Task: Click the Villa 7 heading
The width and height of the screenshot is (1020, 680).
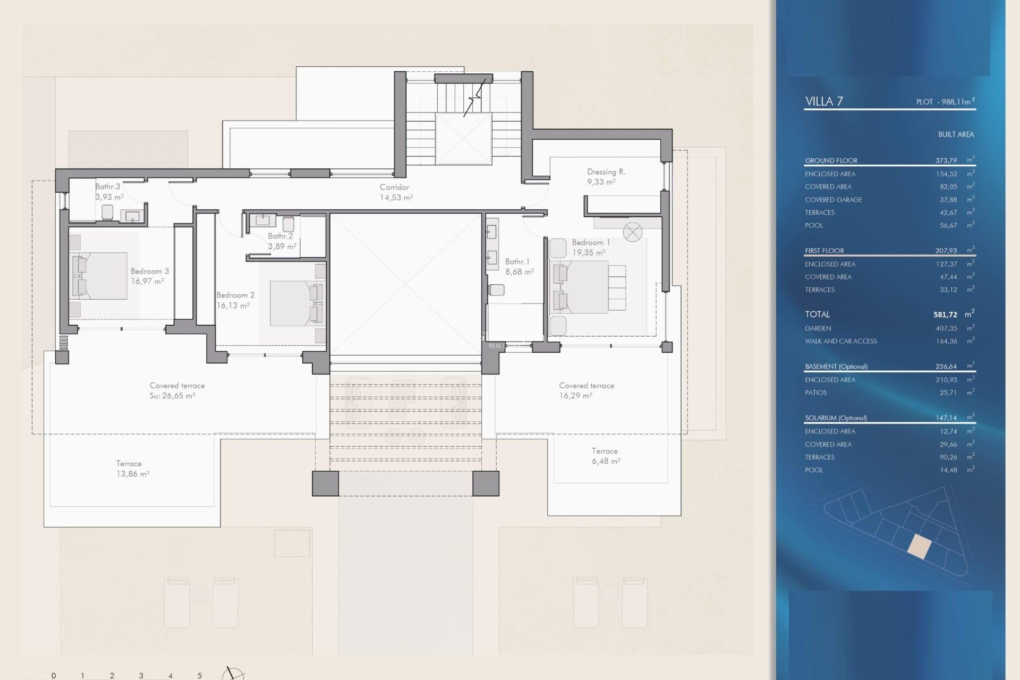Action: [824, 101]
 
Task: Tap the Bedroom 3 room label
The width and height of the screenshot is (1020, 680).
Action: [150, 271]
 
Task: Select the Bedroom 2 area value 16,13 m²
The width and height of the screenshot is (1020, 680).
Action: [233, 305]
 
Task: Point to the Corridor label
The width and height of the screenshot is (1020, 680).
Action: [394, 187]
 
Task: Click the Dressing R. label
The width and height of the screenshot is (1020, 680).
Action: [606, 172]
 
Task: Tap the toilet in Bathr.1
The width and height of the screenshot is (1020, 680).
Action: [497, 290]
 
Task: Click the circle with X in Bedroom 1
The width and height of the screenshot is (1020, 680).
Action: [633, 232]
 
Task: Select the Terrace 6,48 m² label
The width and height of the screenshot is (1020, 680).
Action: [605, 456]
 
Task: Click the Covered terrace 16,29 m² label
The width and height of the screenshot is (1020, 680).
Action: [586, 390]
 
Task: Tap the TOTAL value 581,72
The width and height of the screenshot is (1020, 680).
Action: [945, 314]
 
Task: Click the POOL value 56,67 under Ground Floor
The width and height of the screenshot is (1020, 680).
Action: [948, 225]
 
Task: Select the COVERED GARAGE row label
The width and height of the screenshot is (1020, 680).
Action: [833, 200]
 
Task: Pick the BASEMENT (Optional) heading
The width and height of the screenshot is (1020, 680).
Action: [836, 367]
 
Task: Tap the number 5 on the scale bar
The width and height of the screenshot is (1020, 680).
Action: [200, 675]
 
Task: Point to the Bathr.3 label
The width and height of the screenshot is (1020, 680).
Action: [108, 186]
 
